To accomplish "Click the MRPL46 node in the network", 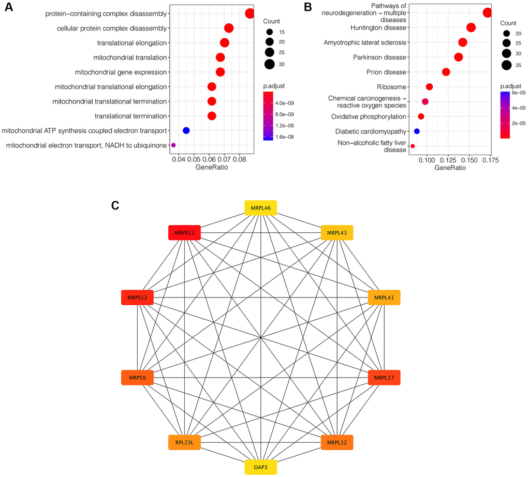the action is click(x=260, y=207).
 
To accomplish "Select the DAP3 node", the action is click(x=260, y=467).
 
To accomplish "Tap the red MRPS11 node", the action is click(x=184, y=233).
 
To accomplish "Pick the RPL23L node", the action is click(x=184, y=442).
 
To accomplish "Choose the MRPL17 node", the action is click(x=384, y=378).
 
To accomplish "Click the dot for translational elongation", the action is click(x=225, y=43).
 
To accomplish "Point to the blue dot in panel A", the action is click(x=186, y=130).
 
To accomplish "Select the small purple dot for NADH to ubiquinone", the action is click(x=173, y=145).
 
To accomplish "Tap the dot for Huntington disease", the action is click(x=471, y=27).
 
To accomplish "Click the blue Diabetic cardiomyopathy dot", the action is click(x=417, y=131).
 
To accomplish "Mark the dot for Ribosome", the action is click(x=429, y=87).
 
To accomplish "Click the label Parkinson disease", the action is click(x=379, y=57).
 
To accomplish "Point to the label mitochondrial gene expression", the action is click(x=121, y=72).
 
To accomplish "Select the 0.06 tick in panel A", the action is click(x=209, y=159).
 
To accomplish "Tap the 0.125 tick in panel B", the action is click(x=448, y=160).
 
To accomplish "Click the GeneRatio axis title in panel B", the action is click(x=450, y=168).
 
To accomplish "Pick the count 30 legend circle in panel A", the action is click(x=269, y=64).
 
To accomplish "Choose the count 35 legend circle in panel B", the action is click(x=506, y=65).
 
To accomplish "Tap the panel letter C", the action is click(x=115, y=205).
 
